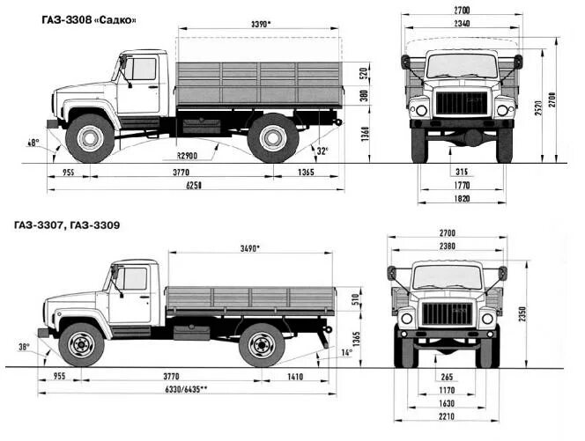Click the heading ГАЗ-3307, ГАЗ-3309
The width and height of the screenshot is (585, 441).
pyautogui.click(x=67, y=225)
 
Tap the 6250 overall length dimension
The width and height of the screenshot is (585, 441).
pyautogui.click(x=195, y=184)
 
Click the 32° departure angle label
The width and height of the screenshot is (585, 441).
pyautogui.click(x=322, y=151)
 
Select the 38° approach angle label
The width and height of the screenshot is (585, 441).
pyautogui.click(x=23, y=346)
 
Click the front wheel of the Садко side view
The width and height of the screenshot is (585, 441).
pyautogui.click(x=91, y=137)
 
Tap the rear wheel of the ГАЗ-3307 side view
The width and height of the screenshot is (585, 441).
pyautogui.click(x=262, y=344)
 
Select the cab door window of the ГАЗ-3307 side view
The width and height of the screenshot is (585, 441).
pyautogui.click(x=134, y=279)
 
